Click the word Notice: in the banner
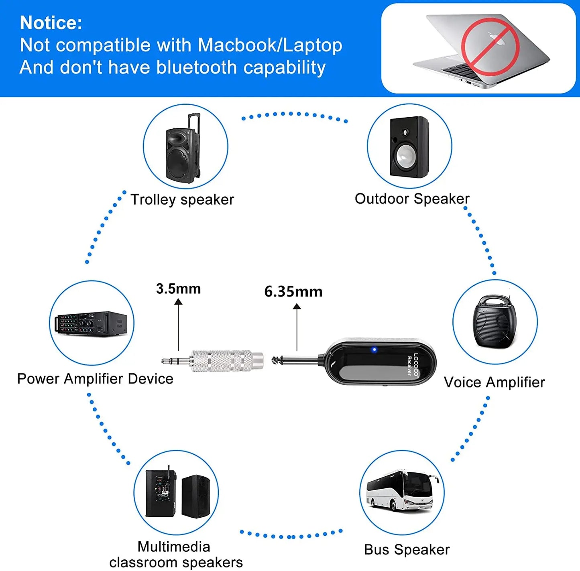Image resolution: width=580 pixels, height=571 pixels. (x=51, y=23)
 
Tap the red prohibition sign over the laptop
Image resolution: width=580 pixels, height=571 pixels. (x=490, y=47)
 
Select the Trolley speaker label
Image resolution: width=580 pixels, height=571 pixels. (x=182, y=199)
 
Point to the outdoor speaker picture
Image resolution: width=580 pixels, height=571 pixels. (x=409, y=147)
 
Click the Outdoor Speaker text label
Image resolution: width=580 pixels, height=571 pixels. (x=412, y=199)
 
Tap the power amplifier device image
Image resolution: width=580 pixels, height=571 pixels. (x=92, y=323)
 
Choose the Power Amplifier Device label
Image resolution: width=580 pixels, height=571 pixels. (x=95, y=379)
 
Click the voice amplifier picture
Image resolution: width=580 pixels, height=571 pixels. (x=495, y=322)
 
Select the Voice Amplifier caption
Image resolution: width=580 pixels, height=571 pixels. (x=494, y=382)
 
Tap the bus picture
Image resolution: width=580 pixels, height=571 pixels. (x=402, y=491)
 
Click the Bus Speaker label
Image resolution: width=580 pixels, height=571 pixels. (x=407, y=550)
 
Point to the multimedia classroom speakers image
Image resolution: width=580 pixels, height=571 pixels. (x=177, y=494)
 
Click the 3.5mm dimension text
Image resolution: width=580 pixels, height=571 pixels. (x=178, y=289)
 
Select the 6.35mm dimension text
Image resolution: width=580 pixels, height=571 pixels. (x=293, y=292)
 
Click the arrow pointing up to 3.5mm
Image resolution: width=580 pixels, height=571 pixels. (x=179, y=325)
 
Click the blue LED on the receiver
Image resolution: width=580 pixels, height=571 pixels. (x=374, y=350)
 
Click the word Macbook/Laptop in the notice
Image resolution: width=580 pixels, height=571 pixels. (x=270, y=45)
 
